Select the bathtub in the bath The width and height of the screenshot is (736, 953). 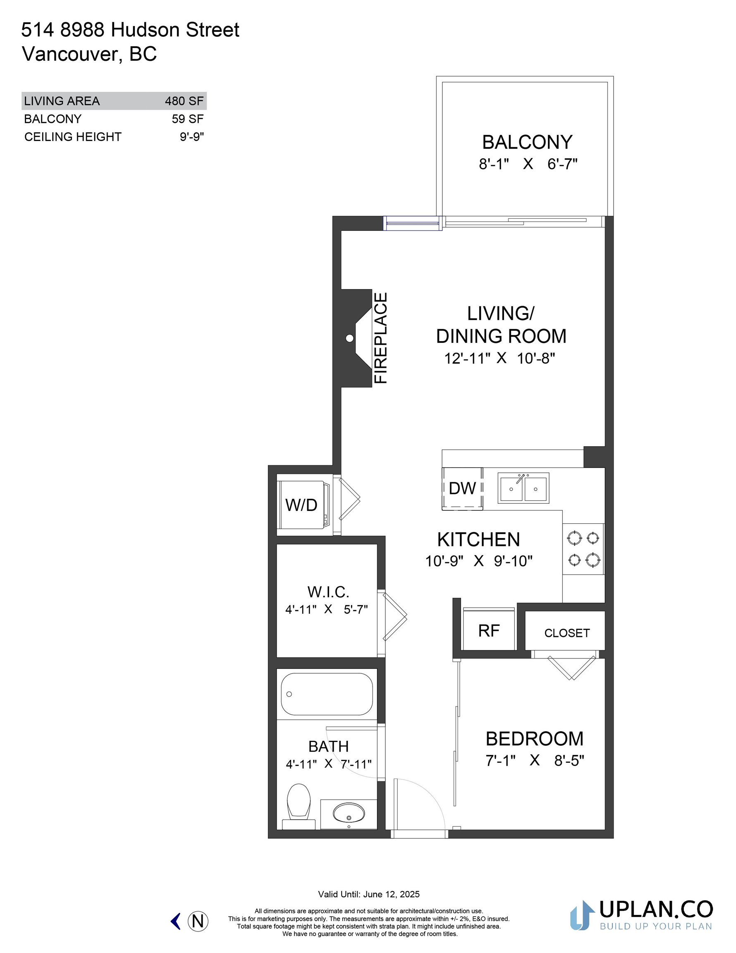[327, 694]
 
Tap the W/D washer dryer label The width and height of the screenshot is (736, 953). [301, 505]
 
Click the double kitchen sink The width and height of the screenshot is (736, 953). [523, 488]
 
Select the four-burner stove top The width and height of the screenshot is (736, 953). [583, 549]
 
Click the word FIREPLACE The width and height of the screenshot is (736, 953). [381, 338]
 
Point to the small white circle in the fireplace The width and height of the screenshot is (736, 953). [349, 338]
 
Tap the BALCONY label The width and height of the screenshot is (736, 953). [527, 142]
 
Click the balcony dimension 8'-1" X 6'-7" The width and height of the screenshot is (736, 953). [528, 164]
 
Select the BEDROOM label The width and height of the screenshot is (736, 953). [535, 739]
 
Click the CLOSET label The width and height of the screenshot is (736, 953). [567, 633]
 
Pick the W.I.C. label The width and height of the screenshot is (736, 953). [328, 592]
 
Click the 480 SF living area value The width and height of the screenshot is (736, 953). [184, 101]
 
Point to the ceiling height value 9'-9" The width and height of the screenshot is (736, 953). [192, 136]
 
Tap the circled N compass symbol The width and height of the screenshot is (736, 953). [198, 921]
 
